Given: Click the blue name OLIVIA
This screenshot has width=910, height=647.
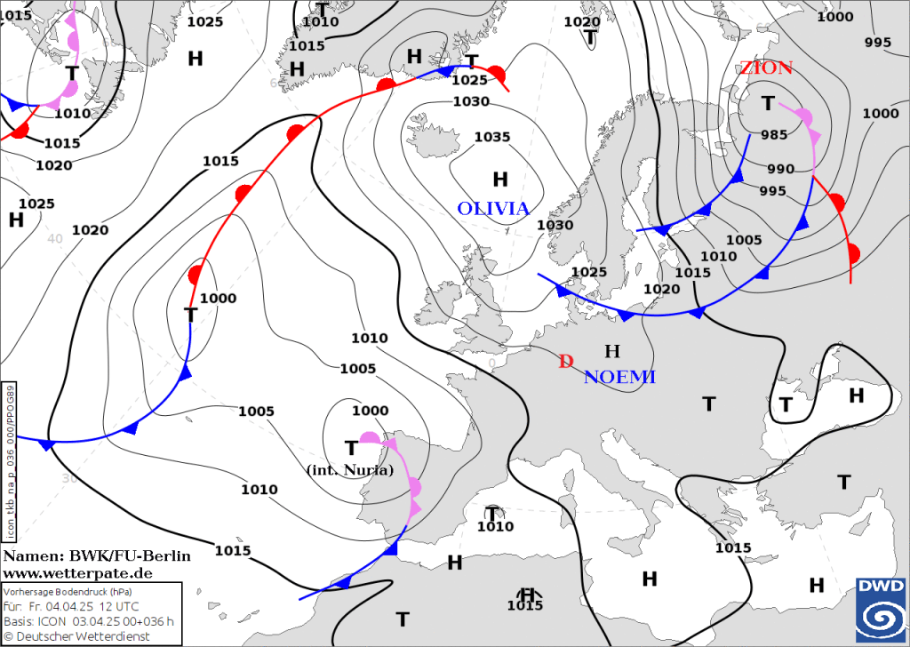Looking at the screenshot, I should (x=493, y=209).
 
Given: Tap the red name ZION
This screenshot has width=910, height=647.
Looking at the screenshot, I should (x=765, y=68).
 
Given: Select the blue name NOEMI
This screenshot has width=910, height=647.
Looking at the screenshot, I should (x=619, y=378).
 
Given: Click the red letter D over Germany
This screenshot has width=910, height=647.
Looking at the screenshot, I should (x=565, y=361).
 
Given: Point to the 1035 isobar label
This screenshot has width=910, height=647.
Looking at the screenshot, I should (x=492, y=137).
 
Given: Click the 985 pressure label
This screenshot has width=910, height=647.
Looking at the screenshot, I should (x=773, y=135).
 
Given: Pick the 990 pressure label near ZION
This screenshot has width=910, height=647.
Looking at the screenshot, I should (x=780, y=169).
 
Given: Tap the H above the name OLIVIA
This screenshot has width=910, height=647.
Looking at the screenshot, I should (x=500, y=180).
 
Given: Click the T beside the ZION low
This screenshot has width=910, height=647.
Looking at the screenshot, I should (x=768, y=104).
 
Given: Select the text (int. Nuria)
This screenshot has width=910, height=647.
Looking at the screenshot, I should (x=348, y=469).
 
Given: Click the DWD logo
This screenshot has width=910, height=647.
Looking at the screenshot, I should (x=881, y=608).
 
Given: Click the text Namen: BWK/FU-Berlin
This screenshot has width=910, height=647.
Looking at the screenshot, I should (x=96, y=556).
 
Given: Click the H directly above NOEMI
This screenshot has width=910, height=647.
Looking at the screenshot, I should (x=611, y=351).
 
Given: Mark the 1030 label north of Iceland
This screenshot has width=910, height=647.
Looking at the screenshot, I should (x=471, y=101).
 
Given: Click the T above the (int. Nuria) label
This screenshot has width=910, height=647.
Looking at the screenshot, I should (x=352, y=447).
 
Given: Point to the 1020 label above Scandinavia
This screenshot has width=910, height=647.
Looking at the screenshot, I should (x=582, y=21).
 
